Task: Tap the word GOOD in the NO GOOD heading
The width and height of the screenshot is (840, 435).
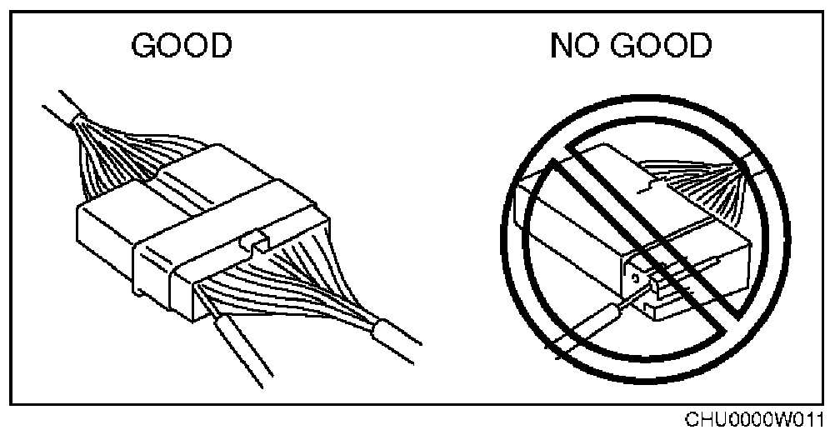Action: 664,47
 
